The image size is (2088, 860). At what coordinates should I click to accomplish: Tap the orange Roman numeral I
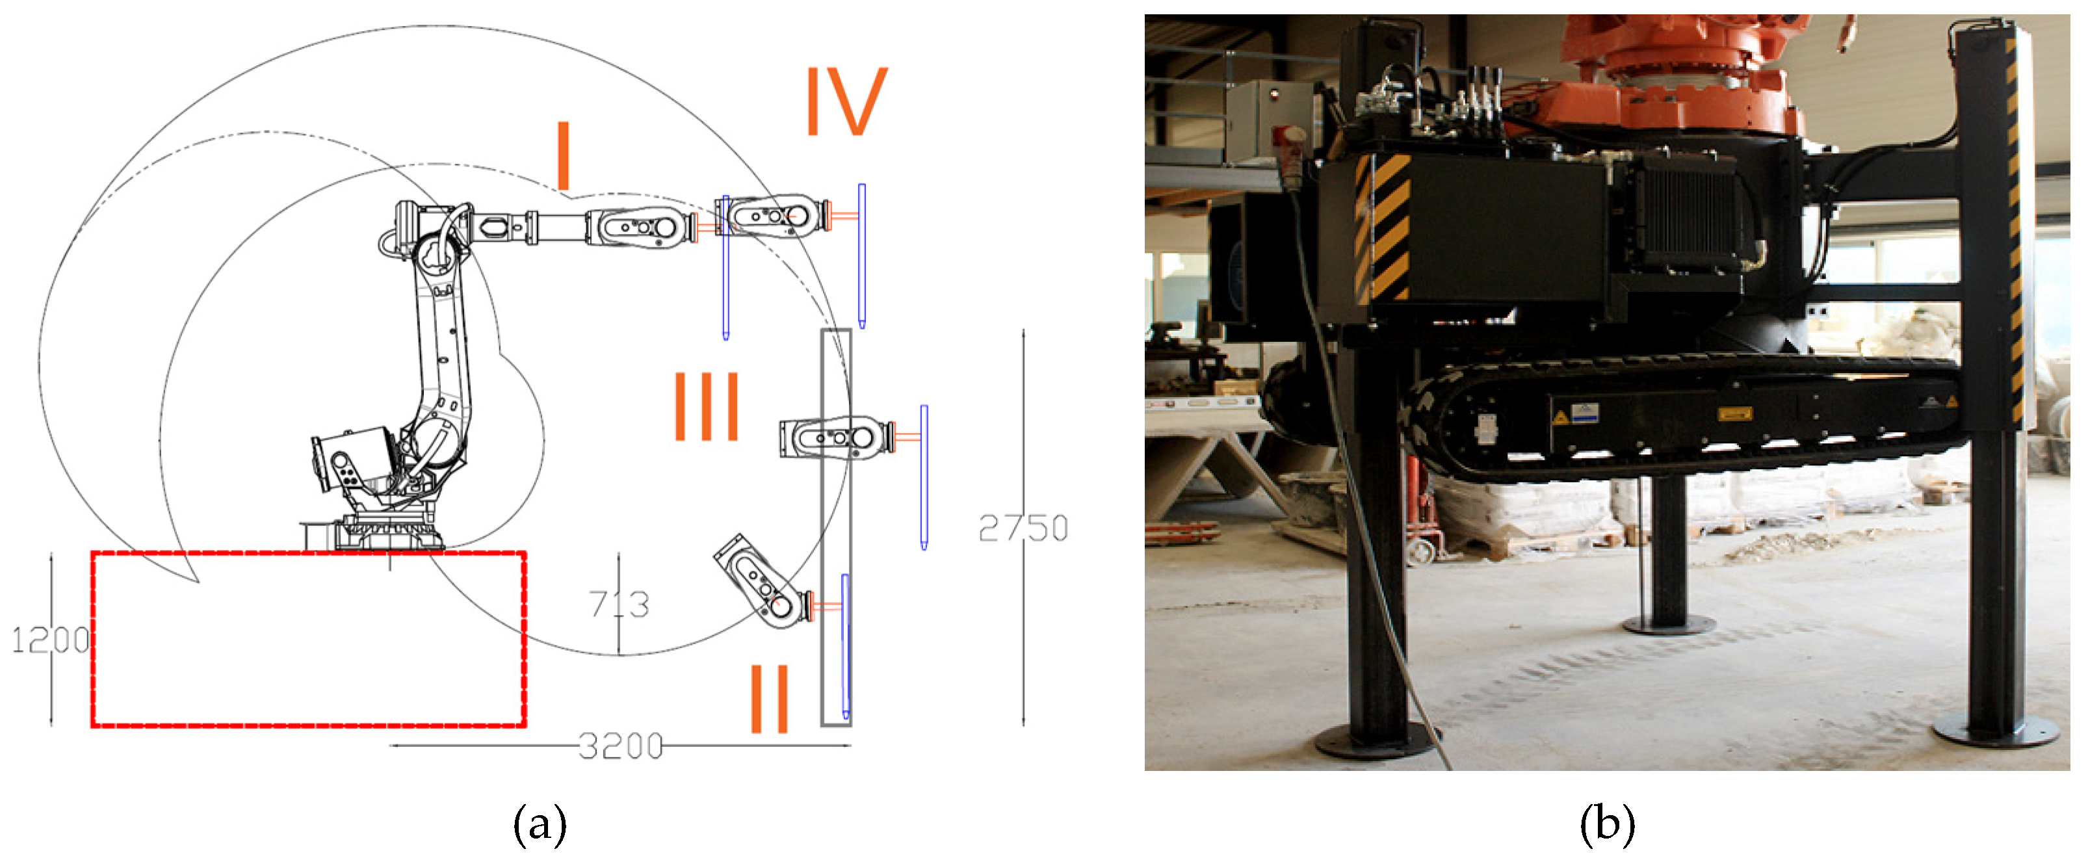(564, 155)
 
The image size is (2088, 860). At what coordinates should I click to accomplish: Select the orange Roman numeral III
(707, 406)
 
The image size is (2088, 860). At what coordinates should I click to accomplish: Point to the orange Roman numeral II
(769, 699)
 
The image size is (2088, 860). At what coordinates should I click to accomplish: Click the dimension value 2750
(1023, 528)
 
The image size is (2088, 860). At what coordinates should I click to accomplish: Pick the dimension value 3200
(621, 746)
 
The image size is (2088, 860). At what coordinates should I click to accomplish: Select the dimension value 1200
(50, 640)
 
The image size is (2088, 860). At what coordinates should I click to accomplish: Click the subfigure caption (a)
(540, 825)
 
